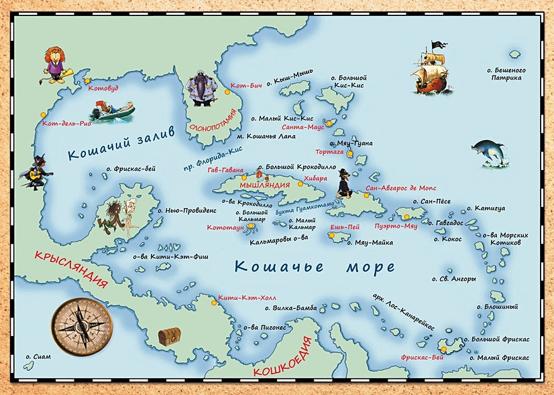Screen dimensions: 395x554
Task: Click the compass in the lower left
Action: click(x=79, y=326)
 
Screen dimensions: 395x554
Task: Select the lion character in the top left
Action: click(x=54, y=64)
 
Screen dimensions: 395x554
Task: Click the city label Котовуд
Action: click(x=107, y=88)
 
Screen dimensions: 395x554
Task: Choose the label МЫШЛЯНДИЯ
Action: click(x=264, y=184)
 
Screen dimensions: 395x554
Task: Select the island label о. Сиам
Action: click(x=36, y=357)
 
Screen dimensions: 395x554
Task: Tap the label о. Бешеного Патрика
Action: click(x=506, y=74)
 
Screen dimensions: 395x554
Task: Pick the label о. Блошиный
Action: click(x=500, y=307)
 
